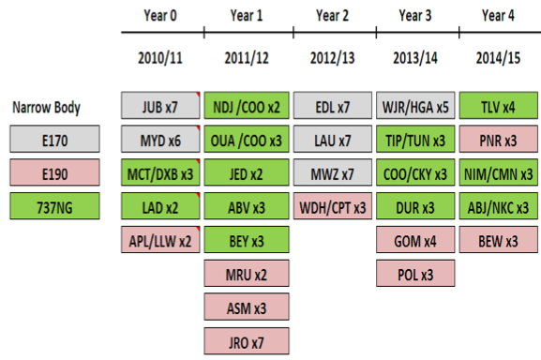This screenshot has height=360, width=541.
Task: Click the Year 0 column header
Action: pos(160,14)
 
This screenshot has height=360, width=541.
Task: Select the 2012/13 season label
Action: pos(333,56)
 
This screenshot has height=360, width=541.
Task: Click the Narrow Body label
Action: pos(46,107)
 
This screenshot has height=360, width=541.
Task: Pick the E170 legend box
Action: pos(53,142)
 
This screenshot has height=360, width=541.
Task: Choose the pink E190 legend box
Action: pos(53,174)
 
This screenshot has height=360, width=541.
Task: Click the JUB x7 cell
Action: pos(159,107)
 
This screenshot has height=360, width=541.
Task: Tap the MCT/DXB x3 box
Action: pos(159,174)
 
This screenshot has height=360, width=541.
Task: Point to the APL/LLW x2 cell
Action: pos(159,241)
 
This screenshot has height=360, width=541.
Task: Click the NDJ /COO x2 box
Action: pos(247,107)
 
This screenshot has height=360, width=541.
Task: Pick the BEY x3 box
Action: pos(247,241)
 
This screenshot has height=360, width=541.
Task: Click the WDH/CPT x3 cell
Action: pos(333,207)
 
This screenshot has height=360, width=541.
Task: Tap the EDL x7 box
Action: pos(333,107)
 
